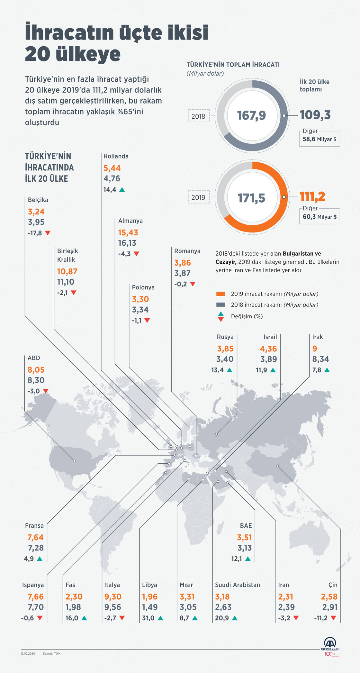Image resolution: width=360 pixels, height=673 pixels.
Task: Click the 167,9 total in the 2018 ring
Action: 251,115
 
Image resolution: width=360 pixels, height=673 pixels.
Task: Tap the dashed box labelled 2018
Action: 198,116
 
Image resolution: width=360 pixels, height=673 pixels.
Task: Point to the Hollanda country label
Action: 116,156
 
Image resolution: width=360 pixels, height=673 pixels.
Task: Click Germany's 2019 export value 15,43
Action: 128,232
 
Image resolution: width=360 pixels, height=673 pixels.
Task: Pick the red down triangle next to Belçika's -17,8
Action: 48,233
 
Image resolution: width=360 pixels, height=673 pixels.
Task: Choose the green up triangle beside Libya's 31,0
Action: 160,618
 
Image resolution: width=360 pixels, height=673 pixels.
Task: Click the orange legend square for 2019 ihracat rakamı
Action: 221,294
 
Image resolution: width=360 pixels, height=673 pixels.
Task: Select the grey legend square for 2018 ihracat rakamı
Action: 221,305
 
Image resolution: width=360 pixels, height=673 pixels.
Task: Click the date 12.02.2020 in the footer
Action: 28,653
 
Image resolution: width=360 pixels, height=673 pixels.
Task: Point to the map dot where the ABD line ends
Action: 74,461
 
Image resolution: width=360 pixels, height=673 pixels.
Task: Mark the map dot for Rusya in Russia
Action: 216,434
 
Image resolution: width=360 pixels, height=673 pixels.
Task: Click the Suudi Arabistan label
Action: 237,585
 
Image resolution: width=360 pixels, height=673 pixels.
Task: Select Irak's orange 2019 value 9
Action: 315,349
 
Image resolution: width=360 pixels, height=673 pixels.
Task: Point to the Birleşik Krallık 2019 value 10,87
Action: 67,271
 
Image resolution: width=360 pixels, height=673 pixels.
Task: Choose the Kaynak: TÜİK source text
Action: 52,653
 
